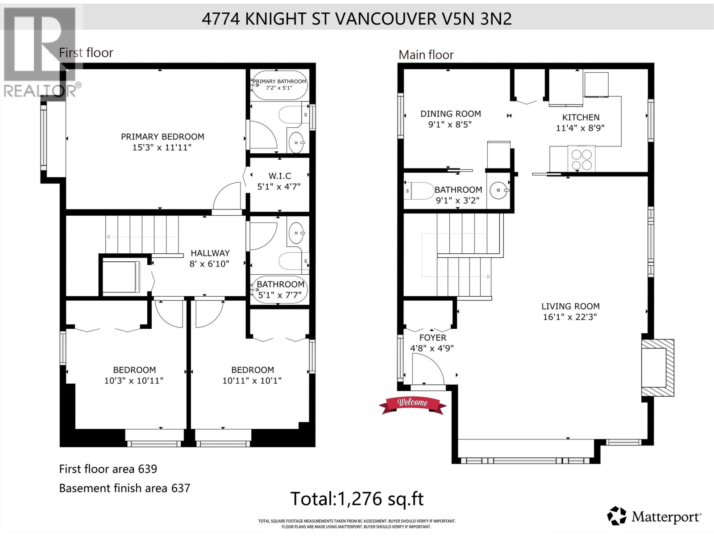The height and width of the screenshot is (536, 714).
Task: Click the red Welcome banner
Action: (x=413, y=404)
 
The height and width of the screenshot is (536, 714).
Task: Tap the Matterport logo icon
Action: (x=617, y=516)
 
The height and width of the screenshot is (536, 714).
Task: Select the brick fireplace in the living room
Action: (x=658, y=368)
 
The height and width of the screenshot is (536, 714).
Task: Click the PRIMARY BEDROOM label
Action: (x=162, y=137)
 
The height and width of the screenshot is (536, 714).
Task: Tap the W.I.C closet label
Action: (x=279, y=176)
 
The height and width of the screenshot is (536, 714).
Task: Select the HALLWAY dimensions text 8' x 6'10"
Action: (x=209, y=264)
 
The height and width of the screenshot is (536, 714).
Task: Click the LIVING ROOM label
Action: (x=570, y=306)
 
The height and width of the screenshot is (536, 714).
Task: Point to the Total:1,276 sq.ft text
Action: (x=357, y=498)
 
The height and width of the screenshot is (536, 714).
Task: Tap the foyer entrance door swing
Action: (x=428, y=368)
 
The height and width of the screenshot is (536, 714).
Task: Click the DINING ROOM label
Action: (x=451, y=114)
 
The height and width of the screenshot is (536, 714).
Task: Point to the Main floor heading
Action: (x=426, y=55)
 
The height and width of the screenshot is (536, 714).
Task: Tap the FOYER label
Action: (x=432, y=338)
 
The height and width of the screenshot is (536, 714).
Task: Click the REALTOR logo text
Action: (x=40, y=91)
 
